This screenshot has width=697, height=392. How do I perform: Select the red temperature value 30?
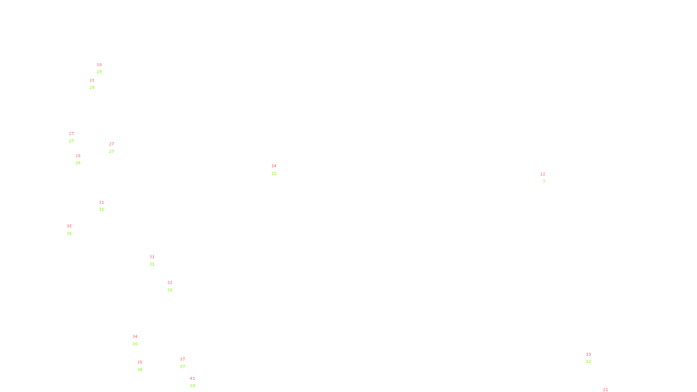pyautogui.click(x=99, y=65)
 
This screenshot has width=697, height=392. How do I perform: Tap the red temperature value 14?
pyautogui.click(x=274, y=166)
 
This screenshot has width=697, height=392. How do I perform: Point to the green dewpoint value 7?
pyautogui.click(x=544, y=182)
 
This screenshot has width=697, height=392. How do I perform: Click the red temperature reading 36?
pyautogui.click(x=69, y=226)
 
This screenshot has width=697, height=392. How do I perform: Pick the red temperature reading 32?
pyautogui.click(x=170, y=283)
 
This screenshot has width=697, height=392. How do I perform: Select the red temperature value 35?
pyautogui.click(x=140, y=362)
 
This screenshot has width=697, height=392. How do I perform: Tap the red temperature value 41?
pyautogui.click(x=193, y=378)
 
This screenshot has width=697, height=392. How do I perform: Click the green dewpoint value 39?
pyautogui.click(x=193, y=386)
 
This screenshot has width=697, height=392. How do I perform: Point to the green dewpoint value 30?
pyautogui.click(x=135, y=344)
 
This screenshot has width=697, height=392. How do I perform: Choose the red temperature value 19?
pyautogui.click(x=589, y=355)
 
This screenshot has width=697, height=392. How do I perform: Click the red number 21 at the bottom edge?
pyautogui.click(x=606, y=390)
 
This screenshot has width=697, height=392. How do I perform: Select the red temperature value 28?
pyautogui.click(x=78, y=156)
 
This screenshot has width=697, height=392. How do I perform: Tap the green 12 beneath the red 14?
pyautogui.click(x=274, y=173)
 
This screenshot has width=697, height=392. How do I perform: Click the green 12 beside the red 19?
pyautogui.click(x=589, y=362)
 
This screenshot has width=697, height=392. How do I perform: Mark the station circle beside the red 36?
pyautogui.click(x=74, y=230)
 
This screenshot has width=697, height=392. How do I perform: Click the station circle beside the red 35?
pyautogui.click(x=144, y=366)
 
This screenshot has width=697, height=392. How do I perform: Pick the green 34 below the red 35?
pyautogui.click(x=140, y=370)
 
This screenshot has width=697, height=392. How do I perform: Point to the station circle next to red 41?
pyautogui.click(x=197, y=382)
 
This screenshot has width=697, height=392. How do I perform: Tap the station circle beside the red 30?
pyautogui.click(x=103, y=68)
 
